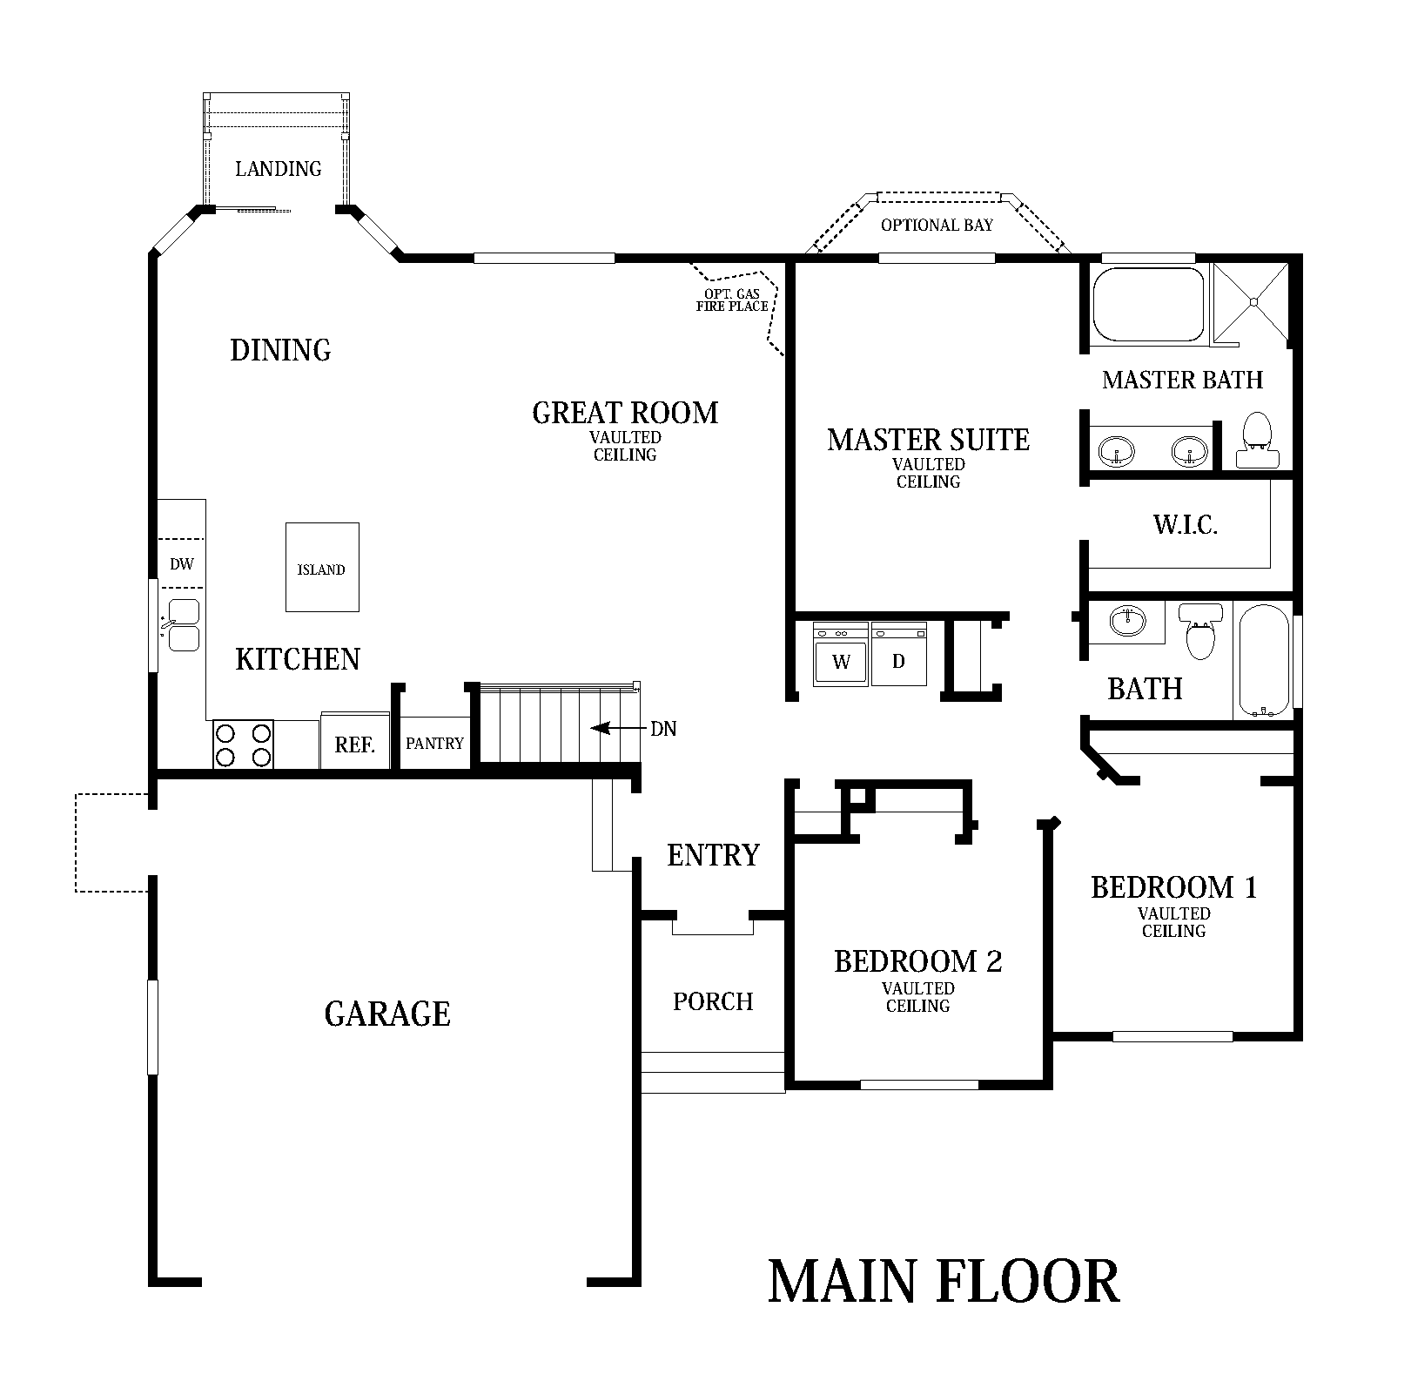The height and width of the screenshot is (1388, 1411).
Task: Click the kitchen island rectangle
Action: tap(322, 567)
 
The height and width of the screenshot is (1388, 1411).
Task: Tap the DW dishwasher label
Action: tap(182, 564)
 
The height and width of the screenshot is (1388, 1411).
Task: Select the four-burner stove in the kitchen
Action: tap(244, 745)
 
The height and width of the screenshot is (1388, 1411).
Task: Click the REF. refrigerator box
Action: tap(354, 742)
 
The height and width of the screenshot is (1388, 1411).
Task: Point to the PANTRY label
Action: tap(434, 744)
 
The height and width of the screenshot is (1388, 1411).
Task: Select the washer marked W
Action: tap(841, 655)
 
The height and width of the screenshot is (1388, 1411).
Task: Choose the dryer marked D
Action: tap(898, 655)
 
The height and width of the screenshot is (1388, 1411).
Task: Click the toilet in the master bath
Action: tap(1256, 441)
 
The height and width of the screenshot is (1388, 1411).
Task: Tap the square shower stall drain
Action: tap(1254, 301)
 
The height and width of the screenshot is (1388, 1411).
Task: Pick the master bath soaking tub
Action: tap(1149, 304)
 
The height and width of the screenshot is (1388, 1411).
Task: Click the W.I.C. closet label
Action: tap(1185, 525)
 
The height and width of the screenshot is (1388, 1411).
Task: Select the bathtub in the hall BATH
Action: tap(1263, 660)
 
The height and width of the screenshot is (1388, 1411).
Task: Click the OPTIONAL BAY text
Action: tap(937, 226)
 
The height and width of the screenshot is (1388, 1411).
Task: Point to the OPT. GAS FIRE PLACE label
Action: tap(732, 300)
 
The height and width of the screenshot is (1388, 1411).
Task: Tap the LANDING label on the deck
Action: tap(279, 168)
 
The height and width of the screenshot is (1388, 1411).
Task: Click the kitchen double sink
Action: tap(184, 625)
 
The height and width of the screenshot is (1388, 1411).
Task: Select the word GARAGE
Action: tap(387, 1014)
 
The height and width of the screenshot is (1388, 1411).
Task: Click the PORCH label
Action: tap(713, 1001)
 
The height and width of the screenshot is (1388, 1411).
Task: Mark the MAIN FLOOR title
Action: tap(944, 1282)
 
